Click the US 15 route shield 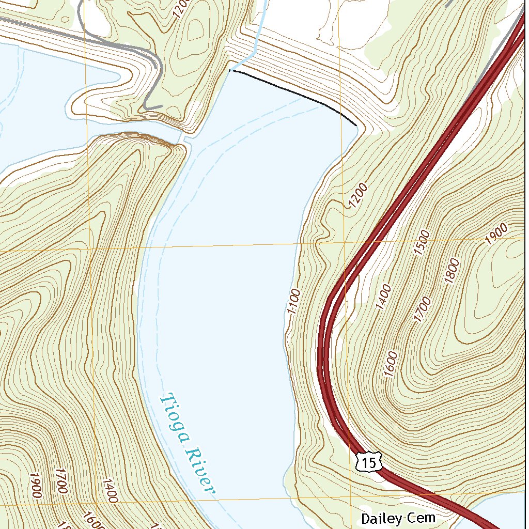tap(369, 462)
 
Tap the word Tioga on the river tap(174, 419)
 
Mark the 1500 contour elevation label tap(422, 243)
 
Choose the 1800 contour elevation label tap(452, 271)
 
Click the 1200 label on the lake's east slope tap(358, 196)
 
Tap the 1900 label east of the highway tap(496, 234)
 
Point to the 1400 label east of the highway tap(383, 297)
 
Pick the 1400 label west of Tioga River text tap(110, 491)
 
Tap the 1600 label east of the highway tap(391, 364)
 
